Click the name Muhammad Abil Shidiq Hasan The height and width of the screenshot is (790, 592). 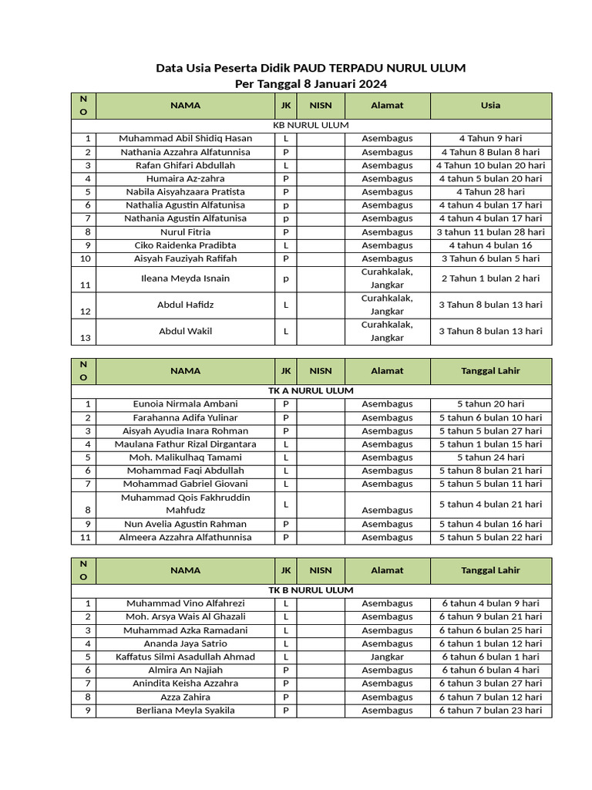point(185,139)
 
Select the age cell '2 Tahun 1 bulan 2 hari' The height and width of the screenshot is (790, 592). point(490,279)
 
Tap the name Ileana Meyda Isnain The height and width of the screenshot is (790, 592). point(185,279)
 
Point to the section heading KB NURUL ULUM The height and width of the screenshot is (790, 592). point(311,125)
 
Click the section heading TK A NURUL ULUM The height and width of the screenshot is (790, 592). point(311,391)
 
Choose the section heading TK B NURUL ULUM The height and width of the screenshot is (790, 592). point(311,590)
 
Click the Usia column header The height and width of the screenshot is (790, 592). point(490,106)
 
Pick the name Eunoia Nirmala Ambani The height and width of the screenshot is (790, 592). point(185,404)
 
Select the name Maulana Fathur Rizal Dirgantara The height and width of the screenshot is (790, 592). point(185,444)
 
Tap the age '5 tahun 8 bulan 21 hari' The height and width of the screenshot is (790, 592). point(490,471)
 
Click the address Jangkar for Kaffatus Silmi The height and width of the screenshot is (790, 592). point(387,657)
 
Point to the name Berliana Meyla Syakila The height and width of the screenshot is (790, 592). point(185,711)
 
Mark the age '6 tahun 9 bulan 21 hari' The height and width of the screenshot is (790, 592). point(490,617)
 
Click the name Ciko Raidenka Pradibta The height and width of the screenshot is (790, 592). point(185,245)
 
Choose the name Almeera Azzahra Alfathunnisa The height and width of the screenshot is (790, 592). point(185,538)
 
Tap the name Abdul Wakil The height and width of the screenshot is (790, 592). point(185,332)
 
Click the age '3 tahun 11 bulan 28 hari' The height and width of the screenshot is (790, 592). point(490,232)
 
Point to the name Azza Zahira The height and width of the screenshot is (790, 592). point(185,697)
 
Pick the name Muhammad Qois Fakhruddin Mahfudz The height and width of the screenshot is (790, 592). point(185,504)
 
